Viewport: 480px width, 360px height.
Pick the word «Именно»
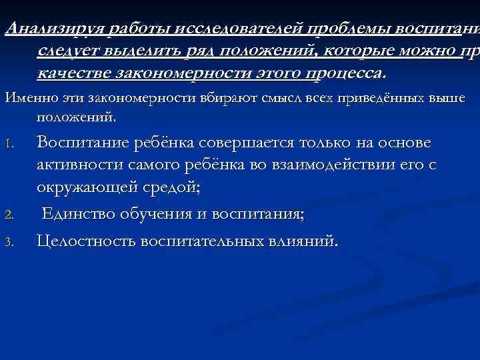pyautogui.click(x=25, y=99)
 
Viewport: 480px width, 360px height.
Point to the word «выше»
pyautogui.click(x=447, y=99)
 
